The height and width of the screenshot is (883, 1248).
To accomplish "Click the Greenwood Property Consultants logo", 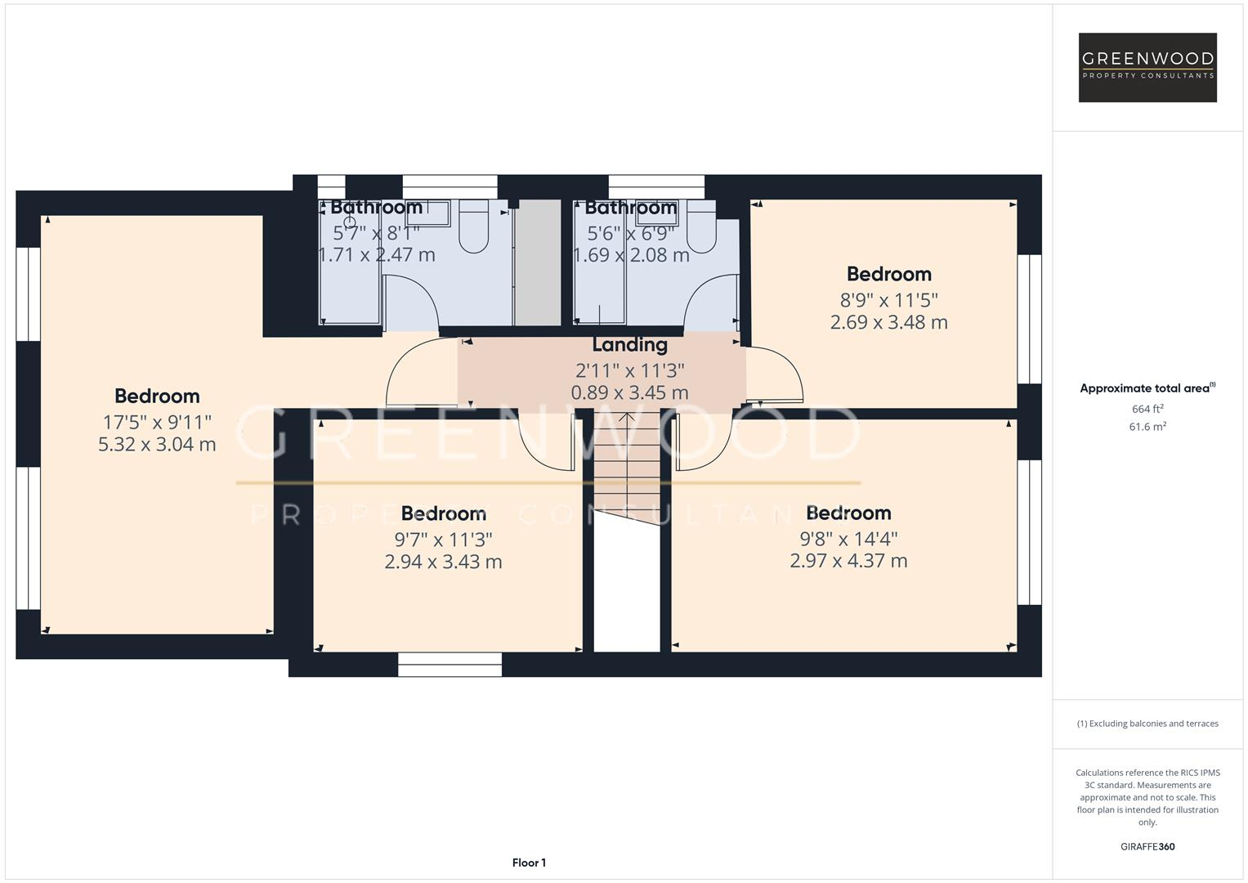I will click(x=1147, y=67).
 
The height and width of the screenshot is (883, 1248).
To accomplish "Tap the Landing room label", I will click(x=629, y=345).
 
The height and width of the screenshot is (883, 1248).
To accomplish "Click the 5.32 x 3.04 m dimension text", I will click(x=157, y=445).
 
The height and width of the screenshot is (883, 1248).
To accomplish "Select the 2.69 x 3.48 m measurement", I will click(x=888, y=322).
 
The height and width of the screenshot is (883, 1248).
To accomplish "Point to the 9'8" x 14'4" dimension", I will click(x=848, y=538).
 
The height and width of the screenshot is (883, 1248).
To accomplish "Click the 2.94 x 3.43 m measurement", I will click(x=443, y=562).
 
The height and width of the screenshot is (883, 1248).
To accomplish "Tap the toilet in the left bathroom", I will click(x=473, y=226).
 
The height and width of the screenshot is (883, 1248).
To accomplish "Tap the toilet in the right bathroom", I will click(x=701, y=226).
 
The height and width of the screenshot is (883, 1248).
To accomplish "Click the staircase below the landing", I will click(x=626, y=466).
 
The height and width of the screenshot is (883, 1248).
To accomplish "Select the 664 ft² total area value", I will click(x=1147, y=409).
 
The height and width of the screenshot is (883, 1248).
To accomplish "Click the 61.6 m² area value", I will click(x=1147, y=427).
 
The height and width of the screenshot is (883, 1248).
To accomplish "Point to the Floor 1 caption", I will click(x=529, y=863).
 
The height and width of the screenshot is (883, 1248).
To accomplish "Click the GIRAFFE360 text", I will click(x=1147, y=846).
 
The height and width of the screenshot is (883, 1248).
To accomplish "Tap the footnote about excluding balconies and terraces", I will click(x=1147, y=724).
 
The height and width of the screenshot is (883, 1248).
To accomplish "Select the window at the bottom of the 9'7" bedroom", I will click(x=450, y=664).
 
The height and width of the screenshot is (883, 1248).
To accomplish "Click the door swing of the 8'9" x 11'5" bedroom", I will click(x=775, y=374).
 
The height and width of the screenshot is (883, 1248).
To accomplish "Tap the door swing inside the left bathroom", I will click(x=411, y=301).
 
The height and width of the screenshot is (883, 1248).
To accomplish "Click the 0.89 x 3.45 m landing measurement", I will click(x=629, y=392).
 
